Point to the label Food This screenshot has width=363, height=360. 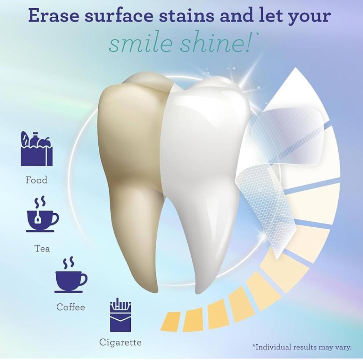(36, 180)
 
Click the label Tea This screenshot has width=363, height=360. (42, 248)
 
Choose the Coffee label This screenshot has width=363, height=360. (71, 307)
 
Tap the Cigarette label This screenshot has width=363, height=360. (121, 343)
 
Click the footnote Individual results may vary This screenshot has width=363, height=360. (302, 347)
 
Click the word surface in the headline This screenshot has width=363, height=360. (119, 16)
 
